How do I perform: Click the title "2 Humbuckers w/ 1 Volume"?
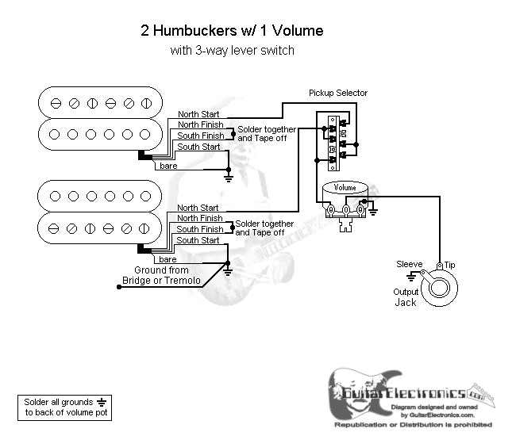coord(232,32)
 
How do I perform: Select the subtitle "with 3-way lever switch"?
coord(232,51)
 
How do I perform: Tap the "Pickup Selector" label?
coord(338,93)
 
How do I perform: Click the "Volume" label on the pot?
coord(345,188)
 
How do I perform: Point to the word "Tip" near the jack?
coord(450,263)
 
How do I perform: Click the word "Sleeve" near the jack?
coord(410,263)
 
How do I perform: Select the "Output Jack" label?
coord(406,296)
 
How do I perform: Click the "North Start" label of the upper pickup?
coord(198,114)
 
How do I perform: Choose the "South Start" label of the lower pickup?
coord(198,240)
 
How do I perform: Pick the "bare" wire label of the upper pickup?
coord(168,166)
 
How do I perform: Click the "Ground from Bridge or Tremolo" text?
coord(156,275)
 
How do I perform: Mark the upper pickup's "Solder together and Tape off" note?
coord(267,133)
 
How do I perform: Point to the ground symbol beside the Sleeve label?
coord(411,277)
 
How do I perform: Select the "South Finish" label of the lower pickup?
coord(199,229)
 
